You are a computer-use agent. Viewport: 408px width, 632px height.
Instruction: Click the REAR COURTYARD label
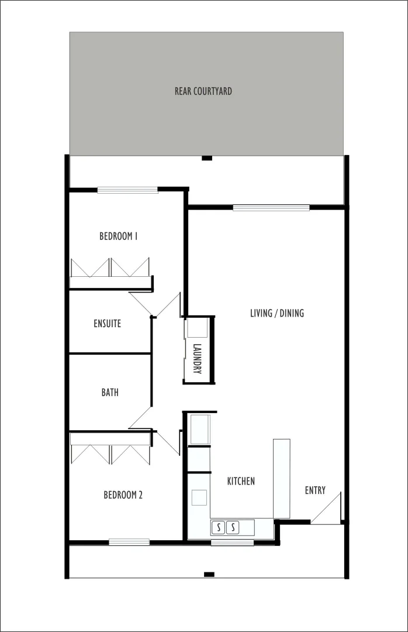point(203,91)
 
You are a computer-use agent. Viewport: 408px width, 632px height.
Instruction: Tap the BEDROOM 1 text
point(118,236)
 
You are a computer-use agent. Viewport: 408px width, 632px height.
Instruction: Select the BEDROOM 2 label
point(123,495)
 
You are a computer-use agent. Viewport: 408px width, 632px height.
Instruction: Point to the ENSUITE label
point(108,324)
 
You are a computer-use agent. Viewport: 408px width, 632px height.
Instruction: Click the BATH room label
point(110,393)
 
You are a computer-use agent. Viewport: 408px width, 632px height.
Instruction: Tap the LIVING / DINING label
point(277,313)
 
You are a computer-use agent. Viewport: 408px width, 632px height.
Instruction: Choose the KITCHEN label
point(241,481)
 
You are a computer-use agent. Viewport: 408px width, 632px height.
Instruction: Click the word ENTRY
point(315,490)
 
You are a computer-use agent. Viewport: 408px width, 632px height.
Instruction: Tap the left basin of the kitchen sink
point(219,527)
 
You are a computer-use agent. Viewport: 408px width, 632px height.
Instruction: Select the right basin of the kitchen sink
point(233,527)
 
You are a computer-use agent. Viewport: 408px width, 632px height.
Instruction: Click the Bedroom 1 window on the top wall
point(127,190)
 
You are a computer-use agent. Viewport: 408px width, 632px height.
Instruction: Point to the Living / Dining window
point(271,207)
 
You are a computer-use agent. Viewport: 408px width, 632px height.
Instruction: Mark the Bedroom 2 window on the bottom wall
point(129,542)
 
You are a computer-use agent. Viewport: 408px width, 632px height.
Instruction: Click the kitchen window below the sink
point(232,542)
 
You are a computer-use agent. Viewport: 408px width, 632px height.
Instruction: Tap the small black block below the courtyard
point(206,157)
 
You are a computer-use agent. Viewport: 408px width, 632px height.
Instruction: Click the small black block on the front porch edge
point(209,574)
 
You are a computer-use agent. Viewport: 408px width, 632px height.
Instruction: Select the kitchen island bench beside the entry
point(282,478)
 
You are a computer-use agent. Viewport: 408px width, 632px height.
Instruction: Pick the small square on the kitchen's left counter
point(199,497)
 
